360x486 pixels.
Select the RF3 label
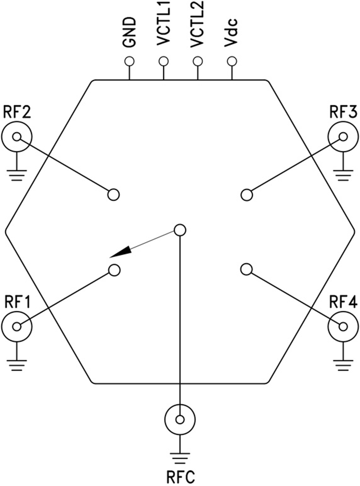[343, 112]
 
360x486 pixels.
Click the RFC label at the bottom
[180, 476]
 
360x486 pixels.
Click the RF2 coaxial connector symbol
[16, 137]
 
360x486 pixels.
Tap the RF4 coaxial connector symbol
[343, 326]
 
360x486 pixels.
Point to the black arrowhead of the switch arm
[120, 252]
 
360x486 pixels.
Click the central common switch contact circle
[180, 230]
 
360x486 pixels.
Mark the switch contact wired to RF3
[247, 195]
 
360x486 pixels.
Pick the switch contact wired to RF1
[114, 270]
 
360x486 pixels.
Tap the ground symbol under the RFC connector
[180, 456]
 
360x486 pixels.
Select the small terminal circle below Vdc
[232, 61]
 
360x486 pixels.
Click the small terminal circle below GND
[129, 61]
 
